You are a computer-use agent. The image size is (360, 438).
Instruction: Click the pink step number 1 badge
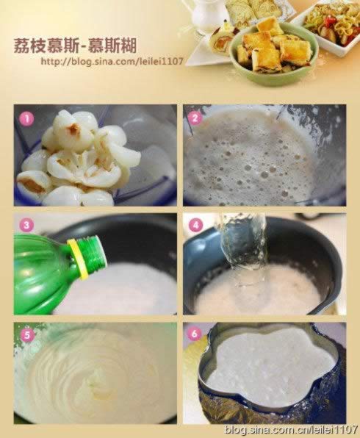[26, 119]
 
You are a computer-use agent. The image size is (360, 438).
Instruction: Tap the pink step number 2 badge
[195, 118]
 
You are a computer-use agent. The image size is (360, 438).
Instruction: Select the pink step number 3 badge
[26, 225]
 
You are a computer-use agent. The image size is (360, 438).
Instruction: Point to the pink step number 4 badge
[195, 225]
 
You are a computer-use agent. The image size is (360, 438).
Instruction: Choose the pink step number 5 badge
[26, 334]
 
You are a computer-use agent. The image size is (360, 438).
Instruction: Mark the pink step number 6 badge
[195, 334]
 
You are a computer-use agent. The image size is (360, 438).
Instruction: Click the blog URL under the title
[112, 61]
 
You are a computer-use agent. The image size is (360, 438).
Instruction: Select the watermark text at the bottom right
[291, 429]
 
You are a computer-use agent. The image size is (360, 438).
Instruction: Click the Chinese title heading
[76, 46]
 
